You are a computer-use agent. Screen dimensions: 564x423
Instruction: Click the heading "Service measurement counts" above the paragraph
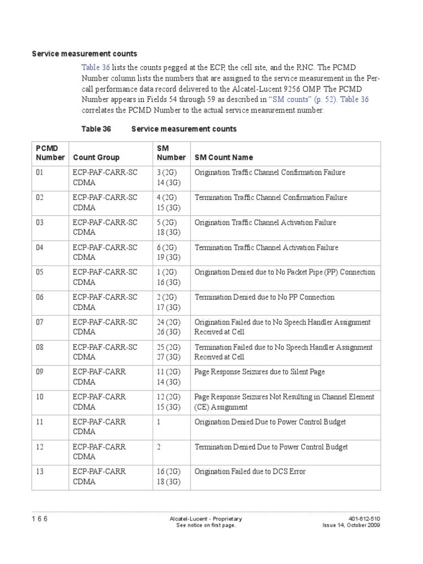coord(84,54)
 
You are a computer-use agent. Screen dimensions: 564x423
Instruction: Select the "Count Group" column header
coord(96,158)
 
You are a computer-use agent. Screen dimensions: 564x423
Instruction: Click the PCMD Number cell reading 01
coord(40,172)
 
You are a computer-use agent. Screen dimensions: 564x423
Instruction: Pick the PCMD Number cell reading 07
coord(40,322)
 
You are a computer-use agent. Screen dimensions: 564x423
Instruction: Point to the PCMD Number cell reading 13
coord(40,471)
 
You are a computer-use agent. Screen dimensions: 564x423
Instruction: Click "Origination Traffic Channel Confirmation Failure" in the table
coord(270,172)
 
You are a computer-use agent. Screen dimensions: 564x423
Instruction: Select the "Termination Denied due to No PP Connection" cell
coord(264,297)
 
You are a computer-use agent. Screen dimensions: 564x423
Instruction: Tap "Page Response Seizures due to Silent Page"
coord(259,372)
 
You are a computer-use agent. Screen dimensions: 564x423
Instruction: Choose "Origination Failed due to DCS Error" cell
coord(250,471)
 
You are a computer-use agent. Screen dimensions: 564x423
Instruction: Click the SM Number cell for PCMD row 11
coord(159,422)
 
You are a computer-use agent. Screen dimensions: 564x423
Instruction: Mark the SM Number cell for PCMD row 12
coord(159,447)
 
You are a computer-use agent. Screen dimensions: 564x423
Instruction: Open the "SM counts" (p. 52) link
coord(303,100)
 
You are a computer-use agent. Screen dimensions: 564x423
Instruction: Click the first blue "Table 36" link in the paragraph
coord(96,67)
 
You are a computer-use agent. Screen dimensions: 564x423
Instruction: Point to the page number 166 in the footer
coord(40,519)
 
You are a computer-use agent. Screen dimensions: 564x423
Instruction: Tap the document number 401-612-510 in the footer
coord(365,519)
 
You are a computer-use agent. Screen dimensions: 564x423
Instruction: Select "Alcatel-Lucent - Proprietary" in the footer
coord(205,519)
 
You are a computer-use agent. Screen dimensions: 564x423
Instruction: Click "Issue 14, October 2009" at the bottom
coord(351,525)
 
